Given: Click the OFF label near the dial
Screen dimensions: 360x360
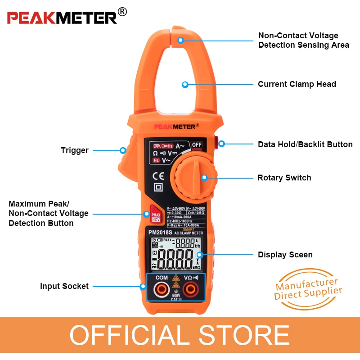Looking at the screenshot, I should [x=197, y=144].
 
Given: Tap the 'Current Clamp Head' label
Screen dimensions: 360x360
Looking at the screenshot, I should [x=297, y=84].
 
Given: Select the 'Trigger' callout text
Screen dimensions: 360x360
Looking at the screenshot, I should [x=75, y=150].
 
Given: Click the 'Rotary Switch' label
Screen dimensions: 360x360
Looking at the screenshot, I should [x=284, y=178].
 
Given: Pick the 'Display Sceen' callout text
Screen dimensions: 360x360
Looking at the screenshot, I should [x=285, y=255].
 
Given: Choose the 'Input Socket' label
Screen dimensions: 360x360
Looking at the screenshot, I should [x=64, y=286].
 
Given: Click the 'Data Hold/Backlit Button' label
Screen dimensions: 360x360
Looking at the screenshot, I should [x=305, y=144].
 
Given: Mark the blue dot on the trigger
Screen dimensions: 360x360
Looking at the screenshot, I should [x=122, y=150].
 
